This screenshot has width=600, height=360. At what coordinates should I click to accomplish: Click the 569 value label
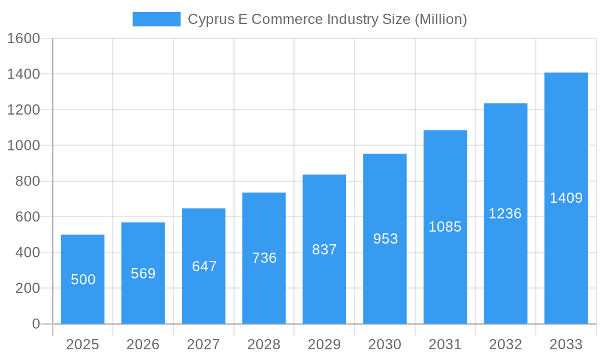pyautogui.click(x=143, y=274)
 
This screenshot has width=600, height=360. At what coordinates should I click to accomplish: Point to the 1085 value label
pyautogui.click(x=445, y=227)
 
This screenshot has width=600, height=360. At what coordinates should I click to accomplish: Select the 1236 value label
pyautogui.click(x=505, y=214)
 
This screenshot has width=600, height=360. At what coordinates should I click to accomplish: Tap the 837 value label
pyautogui.click(x=325, y=250)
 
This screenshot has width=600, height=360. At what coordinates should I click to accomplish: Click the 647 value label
pyautogui.click(x=204, y=266)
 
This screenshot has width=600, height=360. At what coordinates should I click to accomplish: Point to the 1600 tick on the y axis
pyautogui.click(x=23, y=38)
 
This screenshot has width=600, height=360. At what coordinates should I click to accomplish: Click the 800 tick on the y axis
pyautogui.click(x=28, y=181)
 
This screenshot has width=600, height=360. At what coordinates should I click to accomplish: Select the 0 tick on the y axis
pyautogui.click(x=36, y=324)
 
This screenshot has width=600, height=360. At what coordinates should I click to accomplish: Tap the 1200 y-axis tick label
pyautogui.click(x=23, y=110)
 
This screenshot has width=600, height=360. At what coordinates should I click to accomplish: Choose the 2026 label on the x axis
pyautogui.click(x=143, y=344)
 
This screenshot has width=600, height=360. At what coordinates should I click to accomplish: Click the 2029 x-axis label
pyautogui.click(x=325, y=344)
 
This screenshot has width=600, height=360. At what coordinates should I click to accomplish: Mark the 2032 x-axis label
pyautogui.click(x=505, y=344)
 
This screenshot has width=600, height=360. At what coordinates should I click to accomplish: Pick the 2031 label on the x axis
pyautogui.click(x=445, y=344)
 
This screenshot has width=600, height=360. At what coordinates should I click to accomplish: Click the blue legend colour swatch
pyautogui.click(x=156, y=19)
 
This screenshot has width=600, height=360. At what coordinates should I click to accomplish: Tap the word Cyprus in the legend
pyautogui.click(x=206, y=20)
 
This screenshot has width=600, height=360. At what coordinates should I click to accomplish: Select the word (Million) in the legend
pyautogui.click(x=441, y=19)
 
